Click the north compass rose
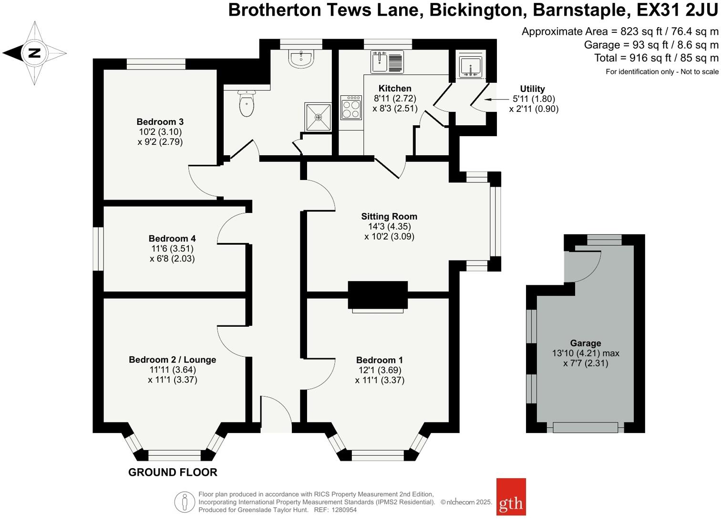click(34, 53)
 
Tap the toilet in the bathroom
click(246, 103)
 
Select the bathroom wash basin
click(301, 59)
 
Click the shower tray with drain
click(318, 117)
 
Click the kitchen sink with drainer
click(387, 62)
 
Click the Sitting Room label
click(389, 217)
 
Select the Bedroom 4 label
click(172, 239)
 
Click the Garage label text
click(585, 343)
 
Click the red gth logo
click(511, 497)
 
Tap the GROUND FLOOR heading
click(173, 472)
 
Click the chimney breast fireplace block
click(378, 295)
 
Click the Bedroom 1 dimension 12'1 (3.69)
click(380, 370)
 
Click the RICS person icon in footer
click(184, 502)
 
